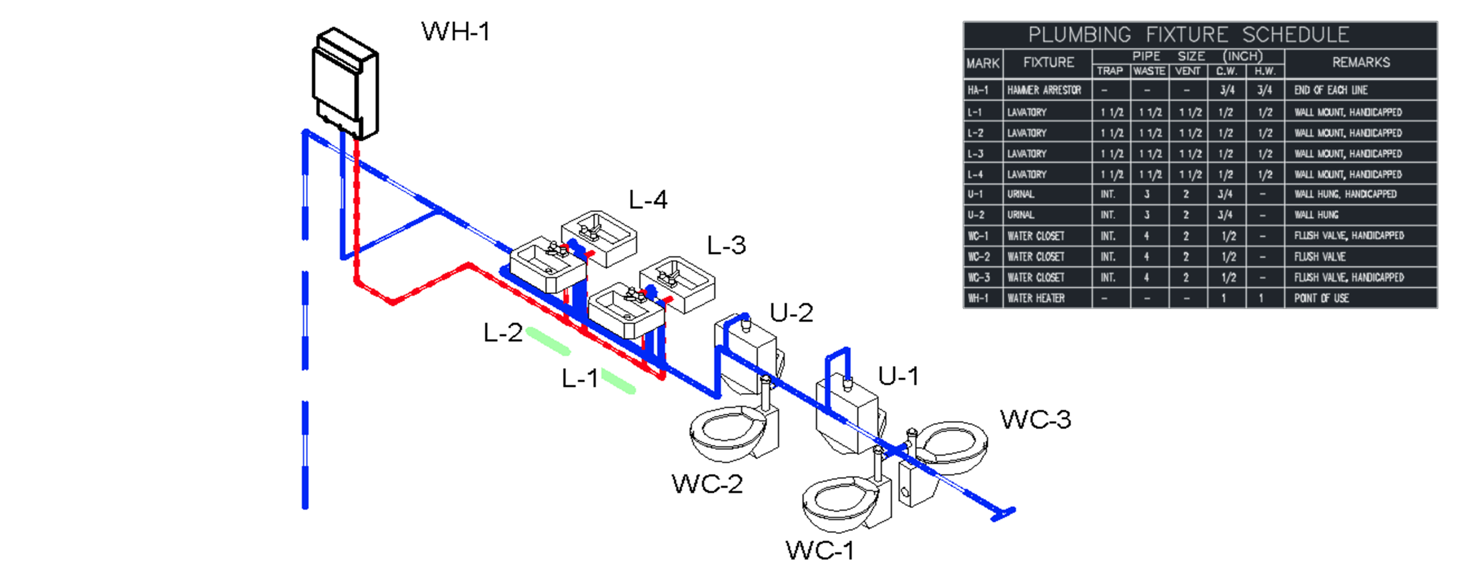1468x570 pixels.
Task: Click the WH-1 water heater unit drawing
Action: pyautogui.click(x=345, y=83)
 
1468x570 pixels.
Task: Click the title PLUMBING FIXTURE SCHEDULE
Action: pyautogui.click(x=1188, y=35)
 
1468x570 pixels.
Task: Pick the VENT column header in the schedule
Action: pyautogui.click(x=1188, y=71)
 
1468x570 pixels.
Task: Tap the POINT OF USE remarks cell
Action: pyautogui.click(x=1321, y=298)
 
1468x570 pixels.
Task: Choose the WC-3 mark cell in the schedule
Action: pyautogui.click(x=979, y=278)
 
